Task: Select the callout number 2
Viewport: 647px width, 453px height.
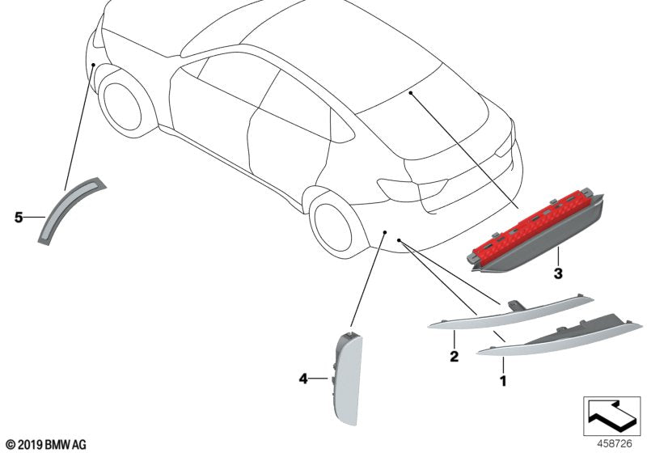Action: point(454,356)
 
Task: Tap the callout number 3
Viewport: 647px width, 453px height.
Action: point(558,273)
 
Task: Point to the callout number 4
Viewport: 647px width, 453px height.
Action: point(303,378)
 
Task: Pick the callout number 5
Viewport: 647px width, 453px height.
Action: point(19,217)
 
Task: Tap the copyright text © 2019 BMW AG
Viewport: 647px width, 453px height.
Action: point(45,444)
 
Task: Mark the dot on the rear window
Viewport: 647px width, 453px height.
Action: point(411,94)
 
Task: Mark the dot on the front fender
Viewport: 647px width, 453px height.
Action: point(94,64)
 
